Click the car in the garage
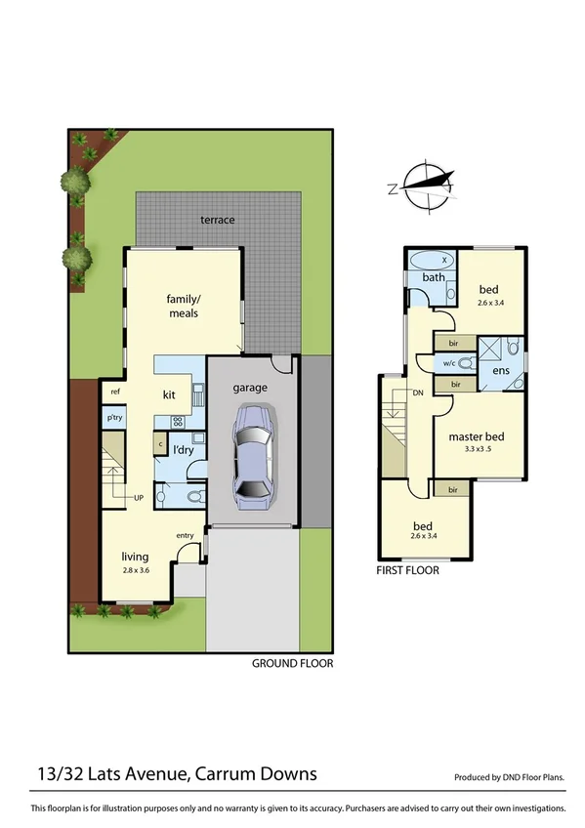[x=253, y=455]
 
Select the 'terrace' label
[x=218, y=220]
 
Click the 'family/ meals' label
[x=184, y=307]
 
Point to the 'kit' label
[x=168, y=394]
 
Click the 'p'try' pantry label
[x=115, y=418]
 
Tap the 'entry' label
[x=185, y=535]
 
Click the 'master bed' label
[x=476, y=436]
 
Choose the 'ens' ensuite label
[x=501, y=371]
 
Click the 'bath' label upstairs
[x=433, y=278]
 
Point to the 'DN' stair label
[x=418, y=393]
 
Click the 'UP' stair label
[x=141, y=497]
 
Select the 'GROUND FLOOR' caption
[x=293, y=663]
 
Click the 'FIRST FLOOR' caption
[x=408, y=570]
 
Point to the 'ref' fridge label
[x=114, y=392]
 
